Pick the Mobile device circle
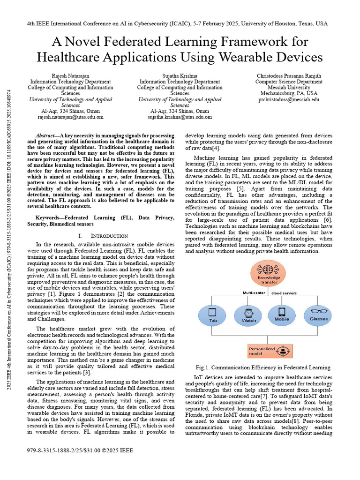(282, 316)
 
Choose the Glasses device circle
(318, 316)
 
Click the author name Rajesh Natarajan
(70, 75)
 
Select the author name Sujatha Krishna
(180, 75)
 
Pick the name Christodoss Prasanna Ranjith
(289, 75)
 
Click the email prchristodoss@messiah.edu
(289, 99)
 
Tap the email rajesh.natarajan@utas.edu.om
(70, 117)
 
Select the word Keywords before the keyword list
(48, 217)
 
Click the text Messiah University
(289, 87)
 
